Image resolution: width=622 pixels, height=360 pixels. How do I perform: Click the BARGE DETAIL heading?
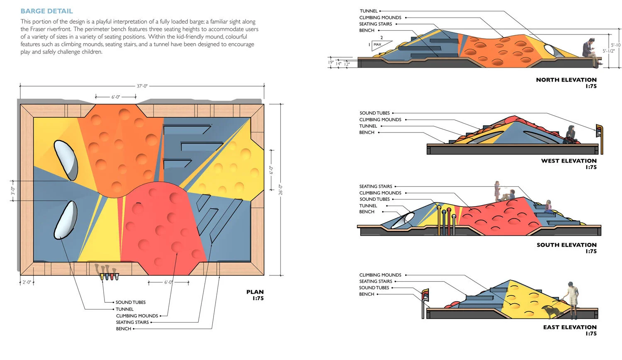click(x=46, y=11)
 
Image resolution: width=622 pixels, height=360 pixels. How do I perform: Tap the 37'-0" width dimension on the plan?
click(x=142, y=86)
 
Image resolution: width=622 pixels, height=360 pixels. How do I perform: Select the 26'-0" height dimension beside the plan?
click(x=281, y=190)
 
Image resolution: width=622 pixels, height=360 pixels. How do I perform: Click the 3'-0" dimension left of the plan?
click(x=13, y=191)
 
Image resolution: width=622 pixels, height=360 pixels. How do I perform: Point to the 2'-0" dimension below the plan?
click(x=27, y=282)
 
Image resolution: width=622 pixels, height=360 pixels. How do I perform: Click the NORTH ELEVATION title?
click(x=566, y=80)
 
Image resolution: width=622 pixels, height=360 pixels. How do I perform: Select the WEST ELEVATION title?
click(x=569, y=161)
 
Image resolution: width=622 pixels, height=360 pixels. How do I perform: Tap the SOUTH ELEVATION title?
click(x=566, y=245)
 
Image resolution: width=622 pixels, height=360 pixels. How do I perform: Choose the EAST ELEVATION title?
click(x=570, y=327)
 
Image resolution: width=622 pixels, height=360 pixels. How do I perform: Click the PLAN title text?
click(x=255, y=292)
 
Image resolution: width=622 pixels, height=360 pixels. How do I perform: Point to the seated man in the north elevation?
click(x=590, y=52)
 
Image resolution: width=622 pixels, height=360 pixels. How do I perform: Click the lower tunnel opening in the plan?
click(x=65, y=220)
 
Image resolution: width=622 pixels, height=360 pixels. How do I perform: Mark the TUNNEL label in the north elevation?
click(x=369, y=11)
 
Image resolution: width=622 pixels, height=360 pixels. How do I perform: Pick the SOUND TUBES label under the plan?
click(x=130, y=302)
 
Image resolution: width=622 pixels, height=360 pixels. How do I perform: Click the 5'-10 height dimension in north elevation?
click(x=616, y=45)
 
